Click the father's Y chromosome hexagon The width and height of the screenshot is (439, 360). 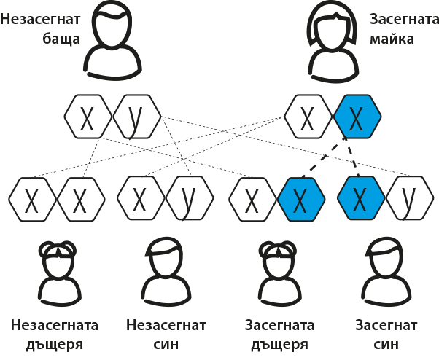coord(137,117)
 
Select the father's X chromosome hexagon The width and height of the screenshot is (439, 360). coord(88,117)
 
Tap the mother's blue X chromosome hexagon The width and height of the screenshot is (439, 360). coord(357,117)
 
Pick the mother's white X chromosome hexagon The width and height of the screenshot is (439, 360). coord(308,117)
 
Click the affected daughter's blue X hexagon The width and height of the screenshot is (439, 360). coord(301,199)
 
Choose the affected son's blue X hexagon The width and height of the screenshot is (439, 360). coord(361,198)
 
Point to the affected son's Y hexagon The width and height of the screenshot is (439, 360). coord(410,198)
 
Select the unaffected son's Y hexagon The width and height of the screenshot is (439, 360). coord(190,198)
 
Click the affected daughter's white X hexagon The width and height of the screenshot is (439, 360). coord(253,199)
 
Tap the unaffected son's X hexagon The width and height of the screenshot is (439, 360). coord(141,198)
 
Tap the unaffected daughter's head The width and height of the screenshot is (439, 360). coord(58,260)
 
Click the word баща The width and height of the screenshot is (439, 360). coord(61,39)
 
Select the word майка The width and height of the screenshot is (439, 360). coord(392,39)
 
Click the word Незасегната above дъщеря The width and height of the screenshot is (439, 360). coord(54,325)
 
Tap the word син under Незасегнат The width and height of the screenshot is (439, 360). coord(166,345)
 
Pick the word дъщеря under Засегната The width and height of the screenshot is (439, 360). coord(279,345)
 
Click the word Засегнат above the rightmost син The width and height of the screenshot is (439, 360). coord(386,325)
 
